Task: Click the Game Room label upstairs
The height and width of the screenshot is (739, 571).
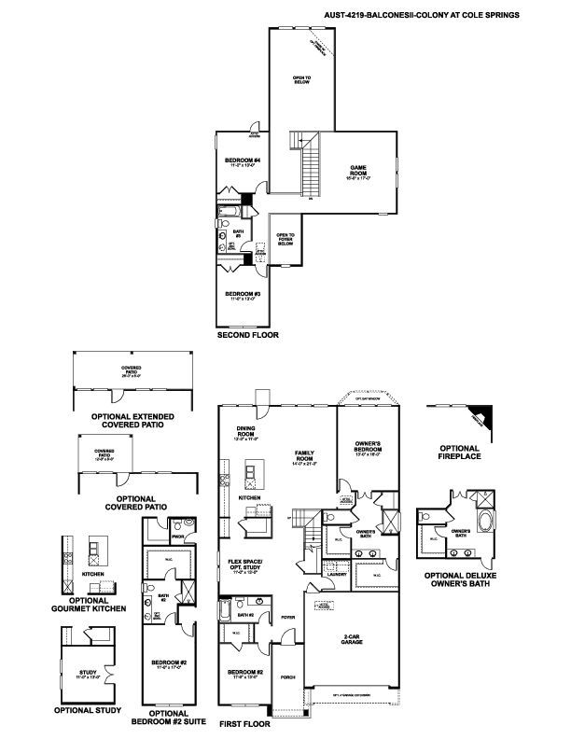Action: pos(359,171)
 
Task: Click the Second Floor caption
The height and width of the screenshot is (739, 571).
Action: pos(247,333)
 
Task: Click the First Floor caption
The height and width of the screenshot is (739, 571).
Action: pos(244,723)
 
